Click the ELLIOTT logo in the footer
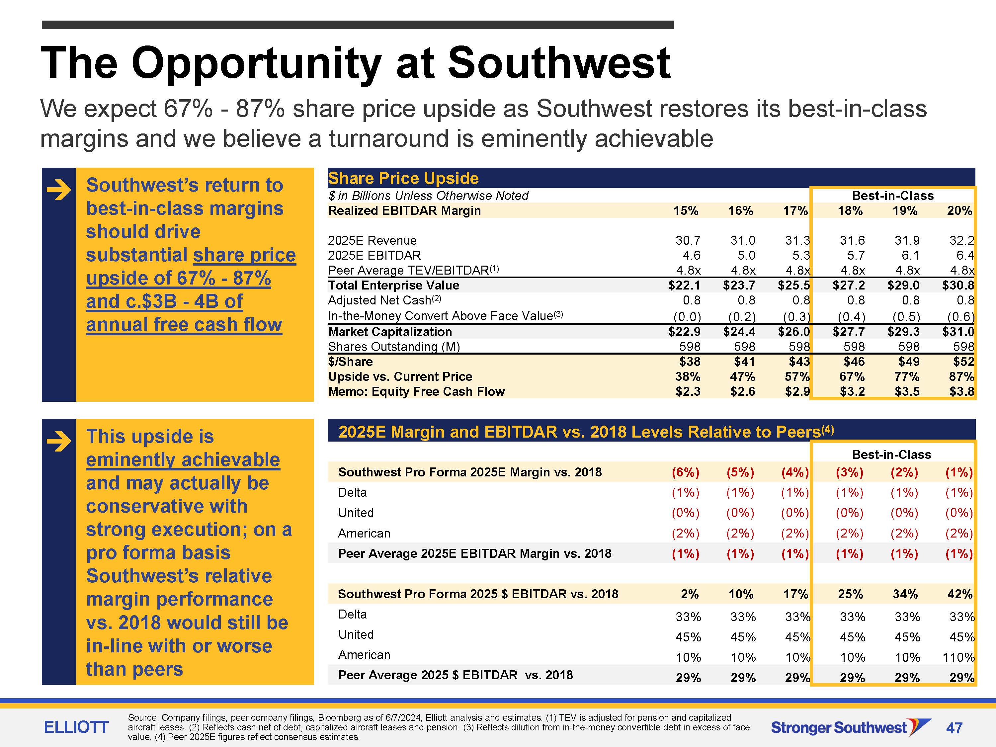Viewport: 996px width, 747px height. click(76, 727)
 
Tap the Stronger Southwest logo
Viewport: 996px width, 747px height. click(851, 727)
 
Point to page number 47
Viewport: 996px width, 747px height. click(954, 728)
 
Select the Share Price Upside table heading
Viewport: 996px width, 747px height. click(403, 178)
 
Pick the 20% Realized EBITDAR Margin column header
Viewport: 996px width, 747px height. click(959, 211)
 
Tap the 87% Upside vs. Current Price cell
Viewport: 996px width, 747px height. click(961, 376)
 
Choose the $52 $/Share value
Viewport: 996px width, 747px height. click(963, 362)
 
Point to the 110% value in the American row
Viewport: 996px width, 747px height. click(958, 657)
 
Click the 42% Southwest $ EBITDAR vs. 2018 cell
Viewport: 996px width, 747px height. click(960, 594)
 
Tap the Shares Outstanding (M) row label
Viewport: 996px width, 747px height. click(394, 347)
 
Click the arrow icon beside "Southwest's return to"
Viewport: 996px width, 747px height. click(58, 190)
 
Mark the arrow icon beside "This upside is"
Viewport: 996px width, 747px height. click(58, 441)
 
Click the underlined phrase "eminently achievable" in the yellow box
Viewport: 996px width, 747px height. click(183, 460)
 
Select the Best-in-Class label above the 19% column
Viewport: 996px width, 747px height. click(893, 196)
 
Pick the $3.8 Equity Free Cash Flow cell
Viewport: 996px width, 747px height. click(962, 392)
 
